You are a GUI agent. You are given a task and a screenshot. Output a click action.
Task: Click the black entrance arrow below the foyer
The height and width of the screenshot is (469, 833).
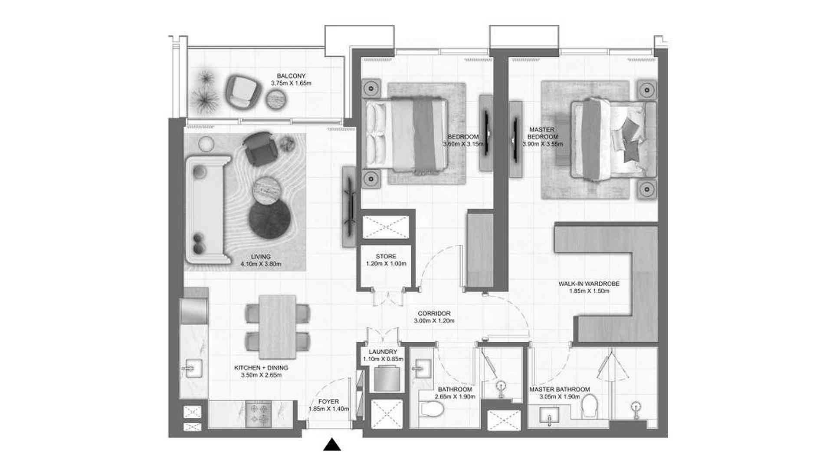[x=332, y=445]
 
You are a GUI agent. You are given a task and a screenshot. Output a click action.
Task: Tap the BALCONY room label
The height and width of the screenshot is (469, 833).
[x=291, y=76]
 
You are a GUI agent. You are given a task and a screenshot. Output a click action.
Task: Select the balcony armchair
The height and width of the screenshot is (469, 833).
[x=243, y=92]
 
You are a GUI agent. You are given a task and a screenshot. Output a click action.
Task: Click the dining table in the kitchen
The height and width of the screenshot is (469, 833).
[x=277, y=327]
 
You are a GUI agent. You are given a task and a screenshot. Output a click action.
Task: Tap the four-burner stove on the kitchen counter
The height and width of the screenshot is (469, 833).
[x=259, y=413]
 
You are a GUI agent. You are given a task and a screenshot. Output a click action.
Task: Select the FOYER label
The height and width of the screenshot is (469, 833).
[x=328, y=402]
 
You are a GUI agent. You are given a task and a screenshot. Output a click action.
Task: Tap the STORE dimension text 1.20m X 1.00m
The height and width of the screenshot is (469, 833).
[x=386, y=264]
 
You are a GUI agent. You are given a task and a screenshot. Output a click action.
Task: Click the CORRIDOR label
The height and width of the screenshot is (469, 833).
[x=434, y=313]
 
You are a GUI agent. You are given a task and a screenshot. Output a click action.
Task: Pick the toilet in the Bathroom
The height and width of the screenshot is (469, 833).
[x=433, y=409]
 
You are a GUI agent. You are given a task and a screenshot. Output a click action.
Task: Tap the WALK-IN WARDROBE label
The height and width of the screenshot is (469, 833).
[x=589, y=284]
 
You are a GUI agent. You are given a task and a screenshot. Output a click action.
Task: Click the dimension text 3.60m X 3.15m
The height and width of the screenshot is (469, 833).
[x=463, y=144]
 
